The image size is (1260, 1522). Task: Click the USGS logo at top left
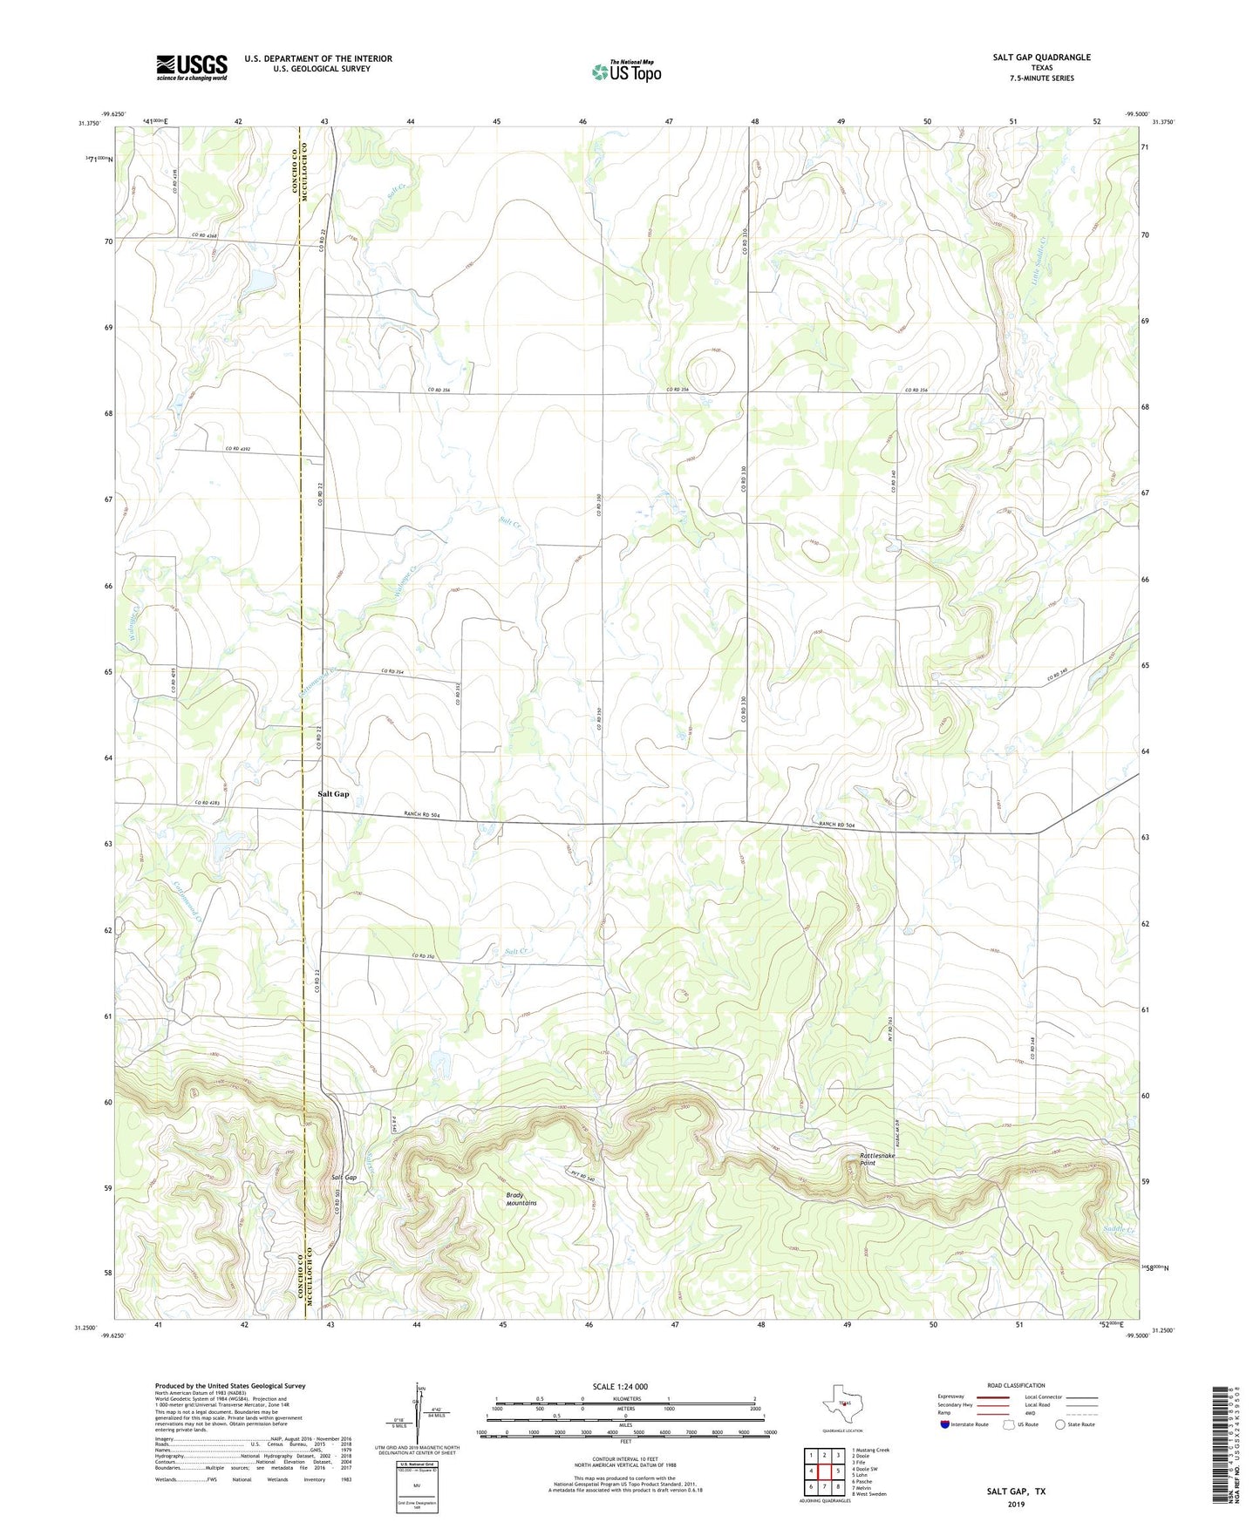click(x=192, y=67)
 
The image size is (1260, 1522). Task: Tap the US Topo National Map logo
click(x=625, y=71)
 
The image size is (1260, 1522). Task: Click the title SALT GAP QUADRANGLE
click(x=1041, y=58)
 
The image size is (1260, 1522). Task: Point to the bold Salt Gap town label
click(x=333, y=794)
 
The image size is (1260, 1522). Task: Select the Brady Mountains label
click(x=521, y=1199)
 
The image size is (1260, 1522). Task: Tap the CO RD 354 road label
click(x=393, y=671)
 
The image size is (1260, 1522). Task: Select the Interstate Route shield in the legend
click(x=945, y=1424)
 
